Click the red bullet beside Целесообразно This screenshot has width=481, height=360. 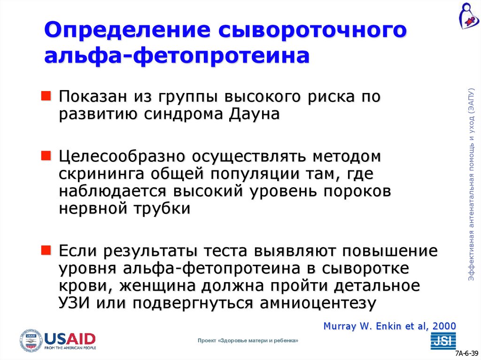tap(48, 154)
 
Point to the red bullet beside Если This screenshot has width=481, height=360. tap(48, 249)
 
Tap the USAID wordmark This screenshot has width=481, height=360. tap(70, 339)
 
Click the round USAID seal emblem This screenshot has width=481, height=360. tap(31, 341)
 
